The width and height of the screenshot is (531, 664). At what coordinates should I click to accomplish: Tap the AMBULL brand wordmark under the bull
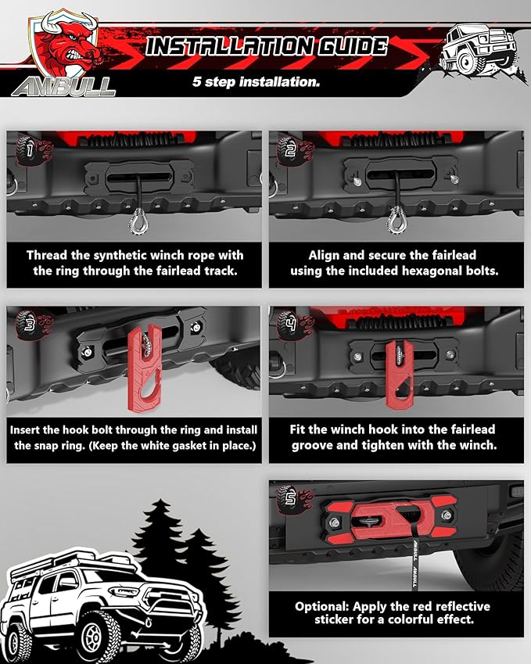point(63,88)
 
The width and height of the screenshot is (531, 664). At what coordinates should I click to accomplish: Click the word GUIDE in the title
point(353,46)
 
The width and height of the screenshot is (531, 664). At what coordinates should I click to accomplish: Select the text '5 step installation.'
point(257,81)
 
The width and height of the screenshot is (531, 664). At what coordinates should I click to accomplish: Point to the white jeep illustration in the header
point(478,51)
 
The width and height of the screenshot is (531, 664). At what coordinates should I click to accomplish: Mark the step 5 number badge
point(289,500)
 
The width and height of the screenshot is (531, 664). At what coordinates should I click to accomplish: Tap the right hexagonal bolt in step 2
point(454,179)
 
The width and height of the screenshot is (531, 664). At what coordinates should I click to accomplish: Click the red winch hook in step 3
point(145,369)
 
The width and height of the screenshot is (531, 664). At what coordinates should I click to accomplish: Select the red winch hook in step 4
point(400,375)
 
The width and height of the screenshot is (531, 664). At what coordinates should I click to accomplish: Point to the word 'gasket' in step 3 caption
point(185,446)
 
